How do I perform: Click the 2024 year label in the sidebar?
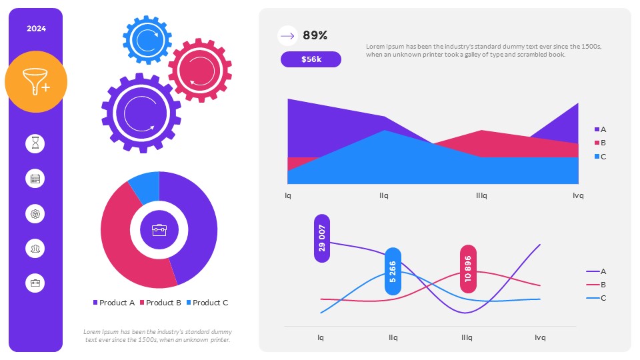coord(36,29)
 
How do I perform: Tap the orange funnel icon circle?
coord(36,82)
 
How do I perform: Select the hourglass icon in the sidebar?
coord(35,143)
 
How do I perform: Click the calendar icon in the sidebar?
coord(35,179)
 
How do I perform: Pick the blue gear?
coord(147,39)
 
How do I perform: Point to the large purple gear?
coord(141,112)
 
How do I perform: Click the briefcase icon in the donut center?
coord(159,230)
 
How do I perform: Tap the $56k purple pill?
coord(311,59)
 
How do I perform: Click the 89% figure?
coord(315,36)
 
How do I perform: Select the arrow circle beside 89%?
coord(287,36)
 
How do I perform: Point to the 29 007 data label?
coord(322,238)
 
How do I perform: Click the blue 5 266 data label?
coord(393,271)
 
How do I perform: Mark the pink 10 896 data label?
coord(469,269)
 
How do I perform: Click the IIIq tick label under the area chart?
coord(481,196)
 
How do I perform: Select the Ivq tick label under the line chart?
coord(540,337)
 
